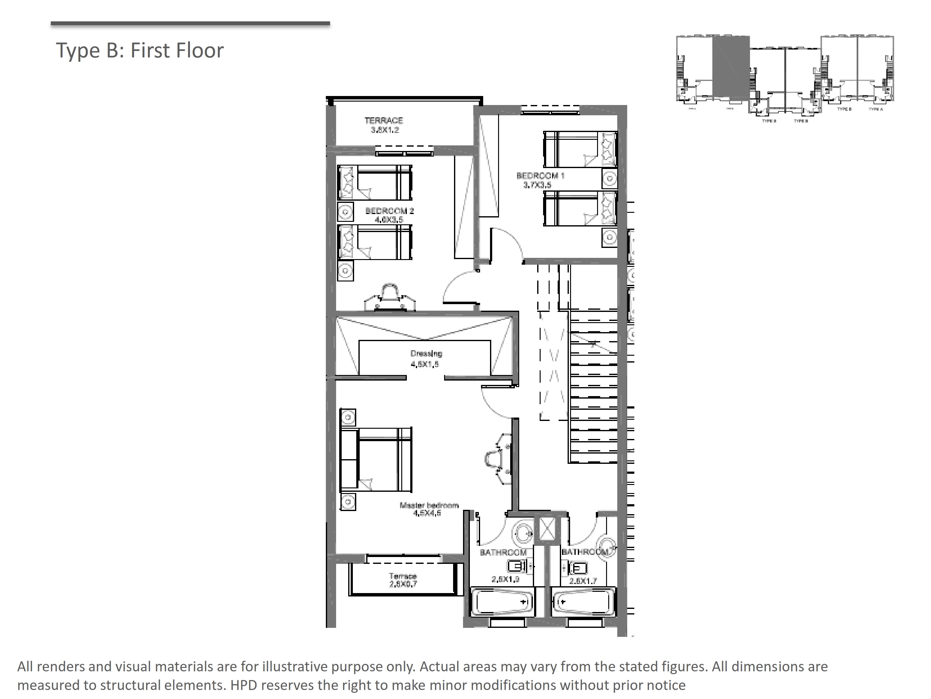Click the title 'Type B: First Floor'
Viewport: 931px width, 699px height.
[140, 50]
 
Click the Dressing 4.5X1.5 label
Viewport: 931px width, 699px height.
[426, 359]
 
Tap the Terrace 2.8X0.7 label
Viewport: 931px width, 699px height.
[403, 580]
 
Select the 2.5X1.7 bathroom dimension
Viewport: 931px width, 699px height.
[583, 581]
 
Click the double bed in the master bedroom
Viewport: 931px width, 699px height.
[376, 459]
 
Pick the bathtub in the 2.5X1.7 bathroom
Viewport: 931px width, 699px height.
[582, 602]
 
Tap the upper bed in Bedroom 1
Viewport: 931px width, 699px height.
[580, 149]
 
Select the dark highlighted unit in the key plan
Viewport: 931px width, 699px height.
[731, 67]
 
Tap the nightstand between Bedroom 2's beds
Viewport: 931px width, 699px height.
[345, 212]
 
